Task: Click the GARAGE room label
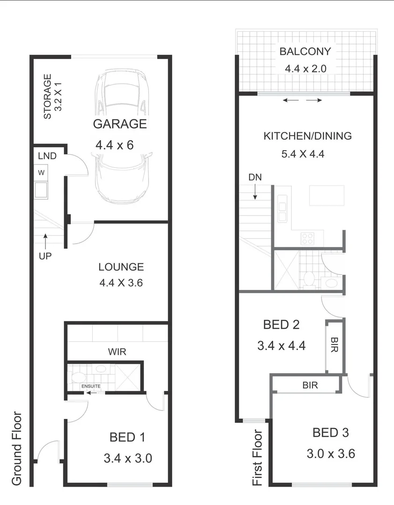point(119,124)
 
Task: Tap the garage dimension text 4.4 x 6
point(114,145)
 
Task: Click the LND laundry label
point(47,156)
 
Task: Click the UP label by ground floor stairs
point(45,256)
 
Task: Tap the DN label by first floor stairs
point(255,177)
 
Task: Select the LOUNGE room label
point(121,267)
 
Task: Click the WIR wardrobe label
point(117,352)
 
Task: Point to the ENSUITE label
point(91,386)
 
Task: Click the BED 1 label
point(127,438)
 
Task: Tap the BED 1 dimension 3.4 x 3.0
point(127,458)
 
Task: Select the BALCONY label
point(305,51)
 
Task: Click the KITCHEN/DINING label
point(307,136)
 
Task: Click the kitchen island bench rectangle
point(327,195)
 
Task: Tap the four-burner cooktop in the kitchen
point(307,239)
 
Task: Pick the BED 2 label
point(281,325)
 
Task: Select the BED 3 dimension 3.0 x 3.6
point(331,454)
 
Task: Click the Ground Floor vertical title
point(17,447)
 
